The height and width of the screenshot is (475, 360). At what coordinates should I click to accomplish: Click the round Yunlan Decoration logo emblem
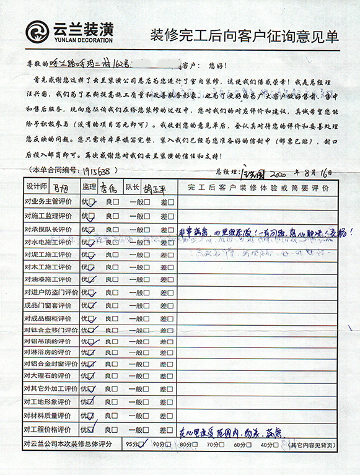tap(37, 31)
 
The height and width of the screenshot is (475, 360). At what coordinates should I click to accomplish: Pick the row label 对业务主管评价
tap(48, 201)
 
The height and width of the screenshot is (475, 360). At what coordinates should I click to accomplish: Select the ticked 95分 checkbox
tap(143, 444)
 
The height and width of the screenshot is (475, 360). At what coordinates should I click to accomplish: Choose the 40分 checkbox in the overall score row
tap(275, 445)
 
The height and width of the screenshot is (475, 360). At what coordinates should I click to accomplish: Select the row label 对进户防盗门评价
tap(51, 292)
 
